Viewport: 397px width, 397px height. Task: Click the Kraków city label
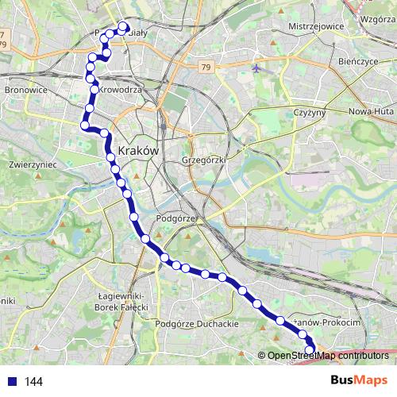pos(139,150)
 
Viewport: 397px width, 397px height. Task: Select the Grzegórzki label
pos(205,160)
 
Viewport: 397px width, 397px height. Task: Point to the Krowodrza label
pos(120,91)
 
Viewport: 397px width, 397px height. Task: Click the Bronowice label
pos(25,91)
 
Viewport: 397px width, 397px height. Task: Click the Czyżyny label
pos(310,112)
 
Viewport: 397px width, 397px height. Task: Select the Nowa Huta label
pos(370,112)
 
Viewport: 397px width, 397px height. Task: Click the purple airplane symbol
pos(256,67)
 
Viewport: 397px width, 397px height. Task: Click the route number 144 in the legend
pos(33,382)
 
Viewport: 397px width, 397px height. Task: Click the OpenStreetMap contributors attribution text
pos(327,356)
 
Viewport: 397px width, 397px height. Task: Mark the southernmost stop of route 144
pos(310,349)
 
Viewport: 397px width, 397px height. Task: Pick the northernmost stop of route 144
pos(124,26)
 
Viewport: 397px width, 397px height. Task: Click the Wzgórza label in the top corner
pos(377,18)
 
